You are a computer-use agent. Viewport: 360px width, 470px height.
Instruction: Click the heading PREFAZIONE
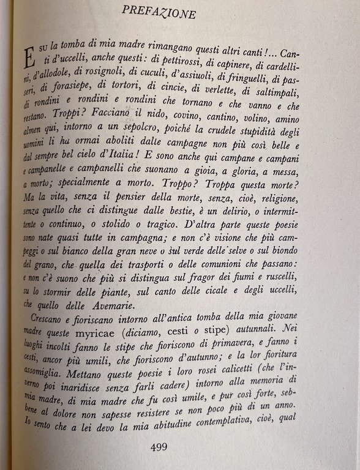[x=159, y=12]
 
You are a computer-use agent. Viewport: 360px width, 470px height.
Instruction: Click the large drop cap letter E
[x=29, y=59]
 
